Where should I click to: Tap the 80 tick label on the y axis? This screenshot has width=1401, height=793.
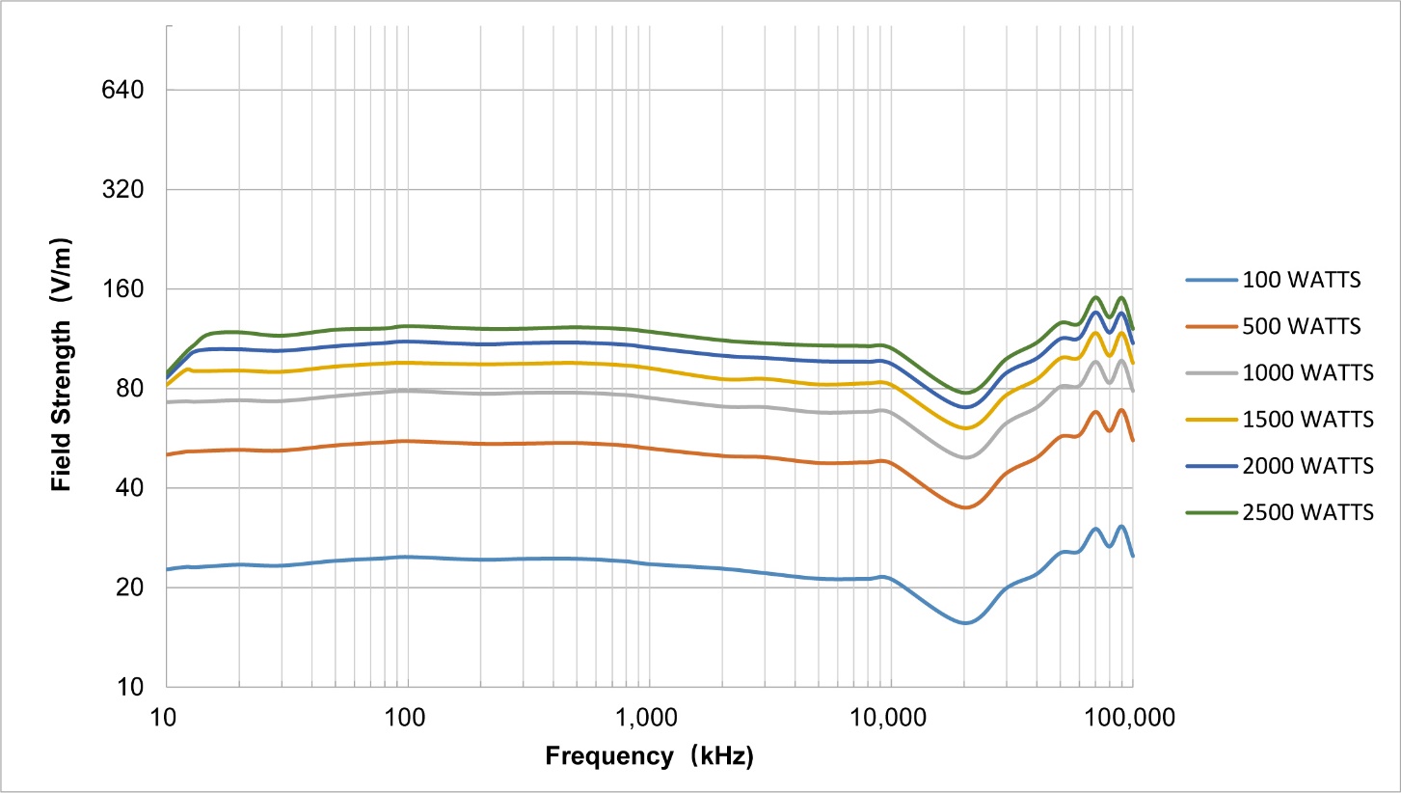point(131,388)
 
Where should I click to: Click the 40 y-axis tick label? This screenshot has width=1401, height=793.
point(131,488)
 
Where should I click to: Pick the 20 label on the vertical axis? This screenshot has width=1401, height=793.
point(131,588)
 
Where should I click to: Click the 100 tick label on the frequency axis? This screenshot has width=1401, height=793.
point(406,719)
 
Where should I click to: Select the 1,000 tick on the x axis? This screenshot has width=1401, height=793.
point(648,719)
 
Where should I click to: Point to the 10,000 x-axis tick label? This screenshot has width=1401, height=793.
point(889,719)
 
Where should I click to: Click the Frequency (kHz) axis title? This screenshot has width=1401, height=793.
point(649,756)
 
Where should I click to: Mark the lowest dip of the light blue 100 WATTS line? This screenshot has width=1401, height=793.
point(965,623)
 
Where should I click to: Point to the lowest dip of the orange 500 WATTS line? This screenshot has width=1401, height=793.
point(965,507)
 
